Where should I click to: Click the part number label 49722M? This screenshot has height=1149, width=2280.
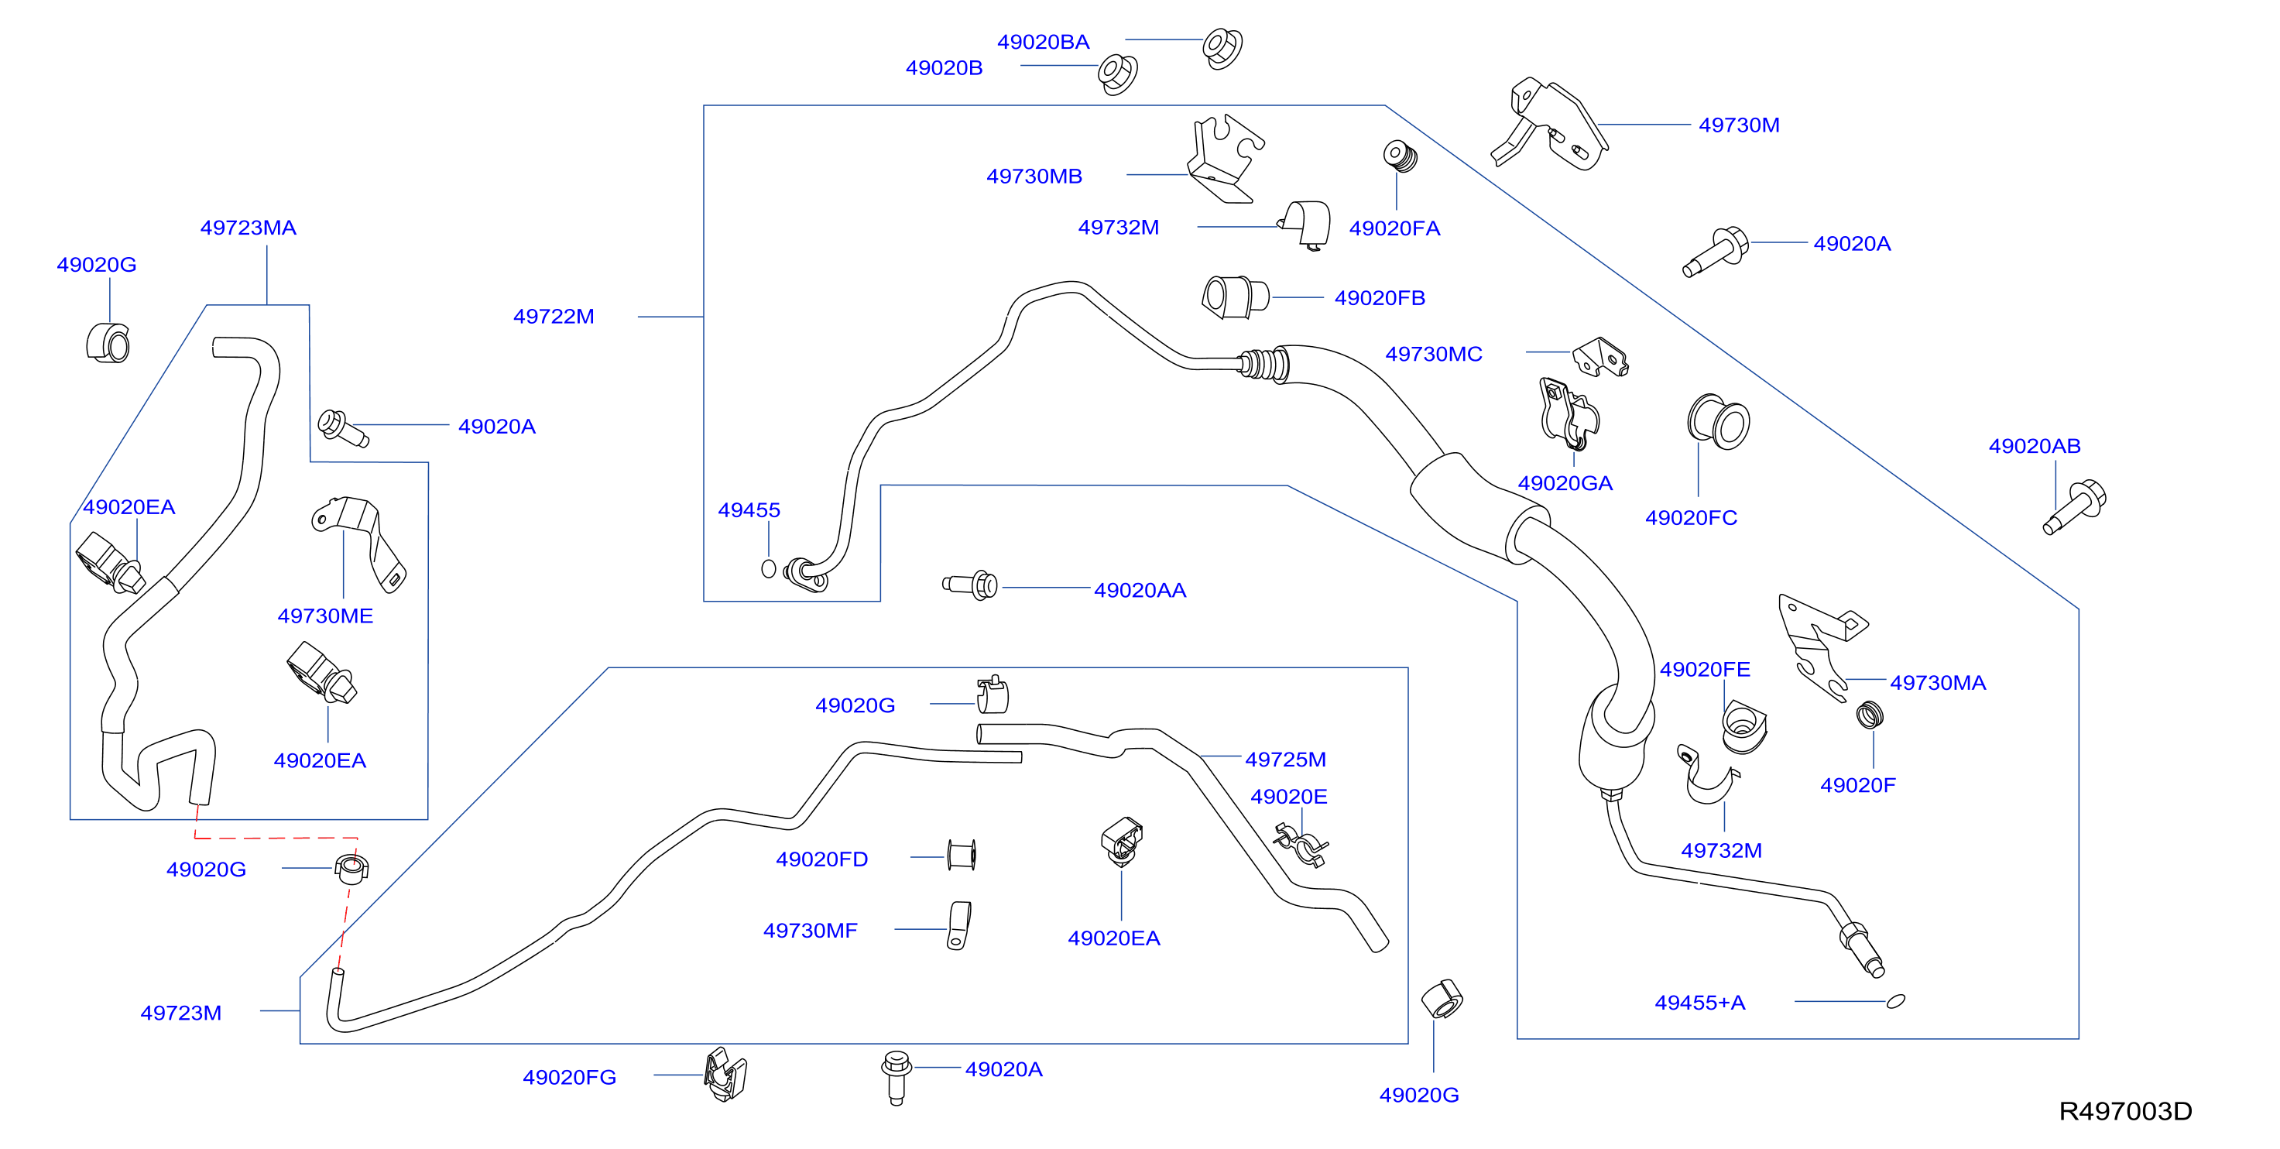click(554, 316)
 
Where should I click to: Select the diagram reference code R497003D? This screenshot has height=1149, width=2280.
click(2125, 1111)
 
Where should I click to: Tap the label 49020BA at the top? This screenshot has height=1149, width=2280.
click(1044, 42)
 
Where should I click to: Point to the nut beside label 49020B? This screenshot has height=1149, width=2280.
click(1117, 74)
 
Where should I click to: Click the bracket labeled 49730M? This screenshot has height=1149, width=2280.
click(1551, 124)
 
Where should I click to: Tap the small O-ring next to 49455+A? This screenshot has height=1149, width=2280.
click(1896, 1001)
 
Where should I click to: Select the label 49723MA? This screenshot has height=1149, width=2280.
click(248, 228)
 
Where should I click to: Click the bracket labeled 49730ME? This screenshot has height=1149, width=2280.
click(359, 542)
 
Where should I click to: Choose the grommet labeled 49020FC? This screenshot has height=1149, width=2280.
click(1719, 421)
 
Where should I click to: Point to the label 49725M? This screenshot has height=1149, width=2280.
click(1285, 759)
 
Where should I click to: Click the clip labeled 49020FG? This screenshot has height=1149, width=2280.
click(725, 1075)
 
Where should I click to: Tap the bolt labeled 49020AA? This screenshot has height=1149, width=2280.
click(971, 585)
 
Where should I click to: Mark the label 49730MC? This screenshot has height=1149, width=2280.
click(1434, 354)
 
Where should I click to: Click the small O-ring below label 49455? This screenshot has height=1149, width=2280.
click(768, 569)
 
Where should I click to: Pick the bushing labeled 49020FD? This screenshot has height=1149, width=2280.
click(962, 855)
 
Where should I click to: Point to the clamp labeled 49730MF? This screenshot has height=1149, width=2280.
click(958, 926)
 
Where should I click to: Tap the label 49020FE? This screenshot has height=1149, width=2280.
click(1705, 669)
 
